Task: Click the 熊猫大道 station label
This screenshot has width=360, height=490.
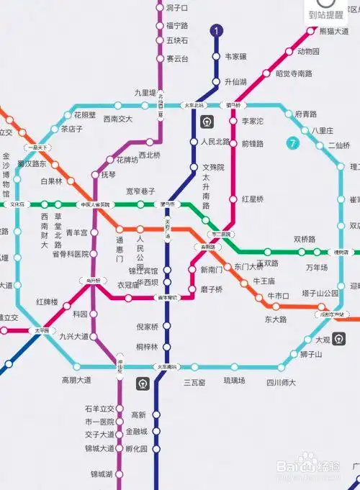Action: [333, 32]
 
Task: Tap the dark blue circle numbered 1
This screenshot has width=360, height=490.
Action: [217, 30]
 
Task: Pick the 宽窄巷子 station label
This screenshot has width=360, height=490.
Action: [140, 191]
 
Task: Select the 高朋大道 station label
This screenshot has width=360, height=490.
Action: [76, 380]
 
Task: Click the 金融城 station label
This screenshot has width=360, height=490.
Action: [136, 432]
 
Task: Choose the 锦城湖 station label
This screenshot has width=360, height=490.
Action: [102, 474]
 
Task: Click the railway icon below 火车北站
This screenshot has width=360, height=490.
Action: [207, 121]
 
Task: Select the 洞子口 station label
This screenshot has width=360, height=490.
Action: [176, 8]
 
